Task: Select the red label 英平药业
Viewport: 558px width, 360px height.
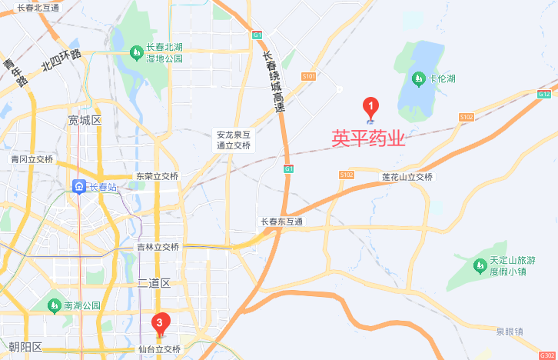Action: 368,138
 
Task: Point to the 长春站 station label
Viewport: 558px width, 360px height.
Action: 102,186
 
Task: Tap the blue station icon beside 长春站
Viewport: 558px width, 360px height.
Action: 79,186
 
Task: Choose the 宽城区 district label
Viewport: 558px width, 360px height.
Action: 85,121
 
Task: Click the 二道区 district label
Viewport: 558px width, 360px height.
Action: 154,283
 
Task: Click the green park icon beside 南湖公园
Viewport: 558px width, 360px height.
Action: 53,305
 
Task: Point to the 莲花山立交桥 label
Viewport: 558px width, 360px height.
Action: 407,177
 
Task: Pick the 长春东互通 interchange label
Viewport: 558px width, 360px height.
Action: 282,222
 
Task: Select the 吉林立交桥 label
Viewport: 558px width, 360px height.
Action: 158,247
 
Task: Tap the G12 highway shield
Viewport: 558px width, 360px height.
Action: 544,94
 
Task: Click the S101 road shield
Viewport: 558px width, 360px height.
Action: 309,76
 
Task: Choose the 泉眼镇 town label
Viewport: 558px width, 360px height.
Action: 509,332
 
